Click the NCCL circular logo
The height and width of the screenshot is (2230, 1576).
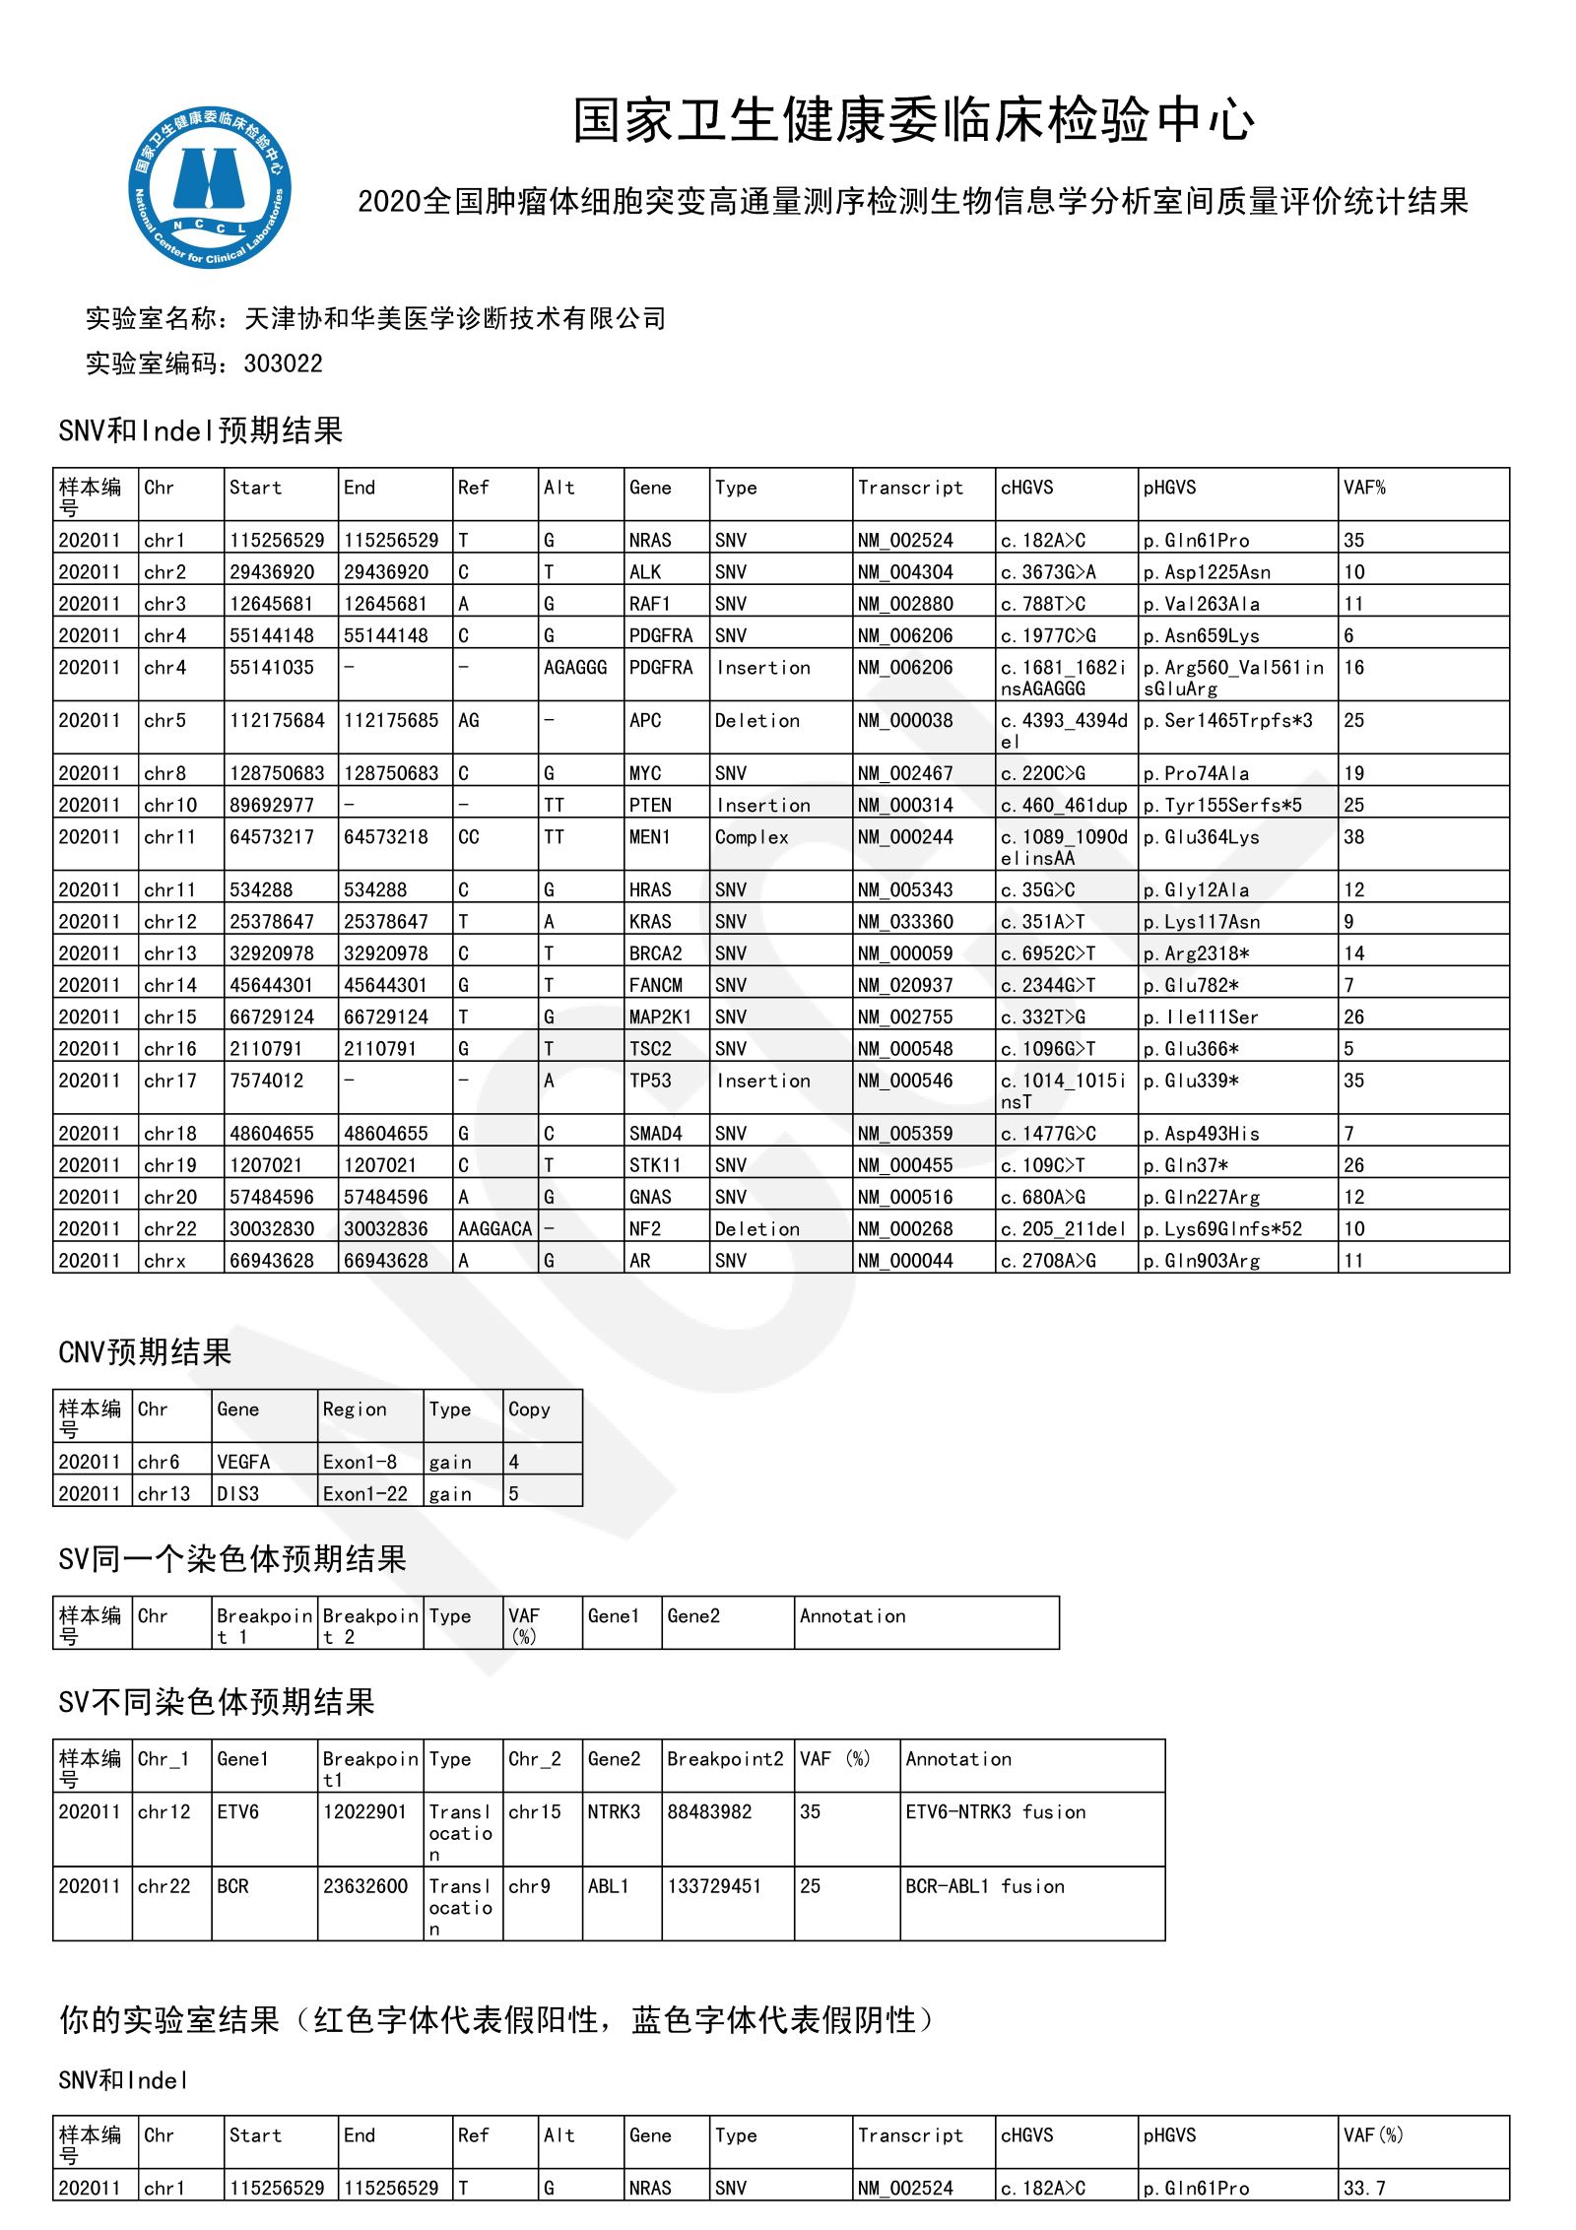(x=210, y=188)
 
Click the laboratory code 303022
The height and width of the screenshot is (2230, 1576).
(x=283, y=364)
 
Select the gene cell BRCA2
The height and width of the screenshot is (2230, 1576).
(x=656, y=953)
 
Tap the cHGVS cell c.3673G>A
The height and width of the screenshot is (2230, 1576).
(x=1048, y=572)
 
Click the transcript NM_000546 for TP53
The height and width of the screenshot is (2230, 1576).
(x=905, y=1081)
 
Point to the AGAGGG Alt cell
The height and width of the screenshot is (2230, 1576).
(x=575, y=668)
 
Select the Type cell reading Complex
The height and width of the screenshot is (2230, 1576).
(x=752, y=837)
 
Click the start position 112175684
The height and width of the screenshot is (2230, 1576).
(x=277, y=721)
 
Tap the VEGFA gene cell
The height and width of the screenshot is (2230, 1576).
(x=243, y=1462)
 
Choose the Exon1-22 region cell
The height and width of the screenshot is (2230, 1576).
(x=364, y=1493)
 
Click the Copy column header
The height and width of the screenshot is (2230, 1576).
(x=529, y=1410)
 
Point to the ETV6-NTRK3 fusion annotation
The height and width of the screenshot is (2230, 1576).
(x=995, y=1811)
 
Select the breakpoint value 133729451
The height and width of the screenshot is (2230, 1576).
(x=714, y=1886)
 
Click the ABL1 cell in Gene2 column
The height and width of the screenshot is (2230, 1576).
(x=608, y=1886)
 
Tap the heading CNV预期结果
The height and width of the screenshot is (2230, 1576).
(x=145, y=1352)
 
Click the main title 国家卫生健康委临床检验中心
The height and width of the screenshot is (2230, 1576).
(x=913, y=121)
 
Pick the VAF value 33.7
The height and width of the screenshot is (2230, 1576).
(x=1364, y=2188)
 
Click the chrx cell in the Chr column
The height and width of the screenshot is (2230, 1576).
(x=164, y=1261)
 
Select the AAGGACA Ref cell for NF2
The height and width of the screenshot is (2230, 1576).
(x=494, y=1229)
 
